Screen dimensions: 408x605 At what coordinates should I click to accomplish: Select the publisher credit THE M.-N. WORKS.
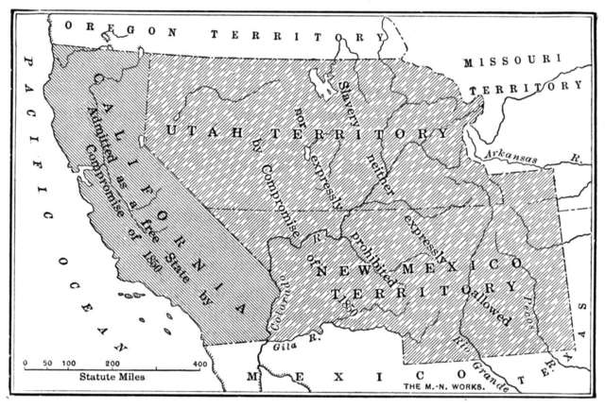pyautogui.click(x=445, y=387)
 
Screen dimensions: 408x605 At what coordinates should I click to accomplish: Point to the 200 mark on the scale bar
pyautogui.click(x=112, y=363)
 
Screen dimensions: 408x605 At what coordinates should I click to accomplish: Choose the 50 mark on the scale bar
pyautogui.click(x=46, y=363)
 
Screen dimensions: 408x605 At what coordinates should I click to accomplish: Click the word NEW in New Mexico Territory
pyautogui.click(x=343, y=271)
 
